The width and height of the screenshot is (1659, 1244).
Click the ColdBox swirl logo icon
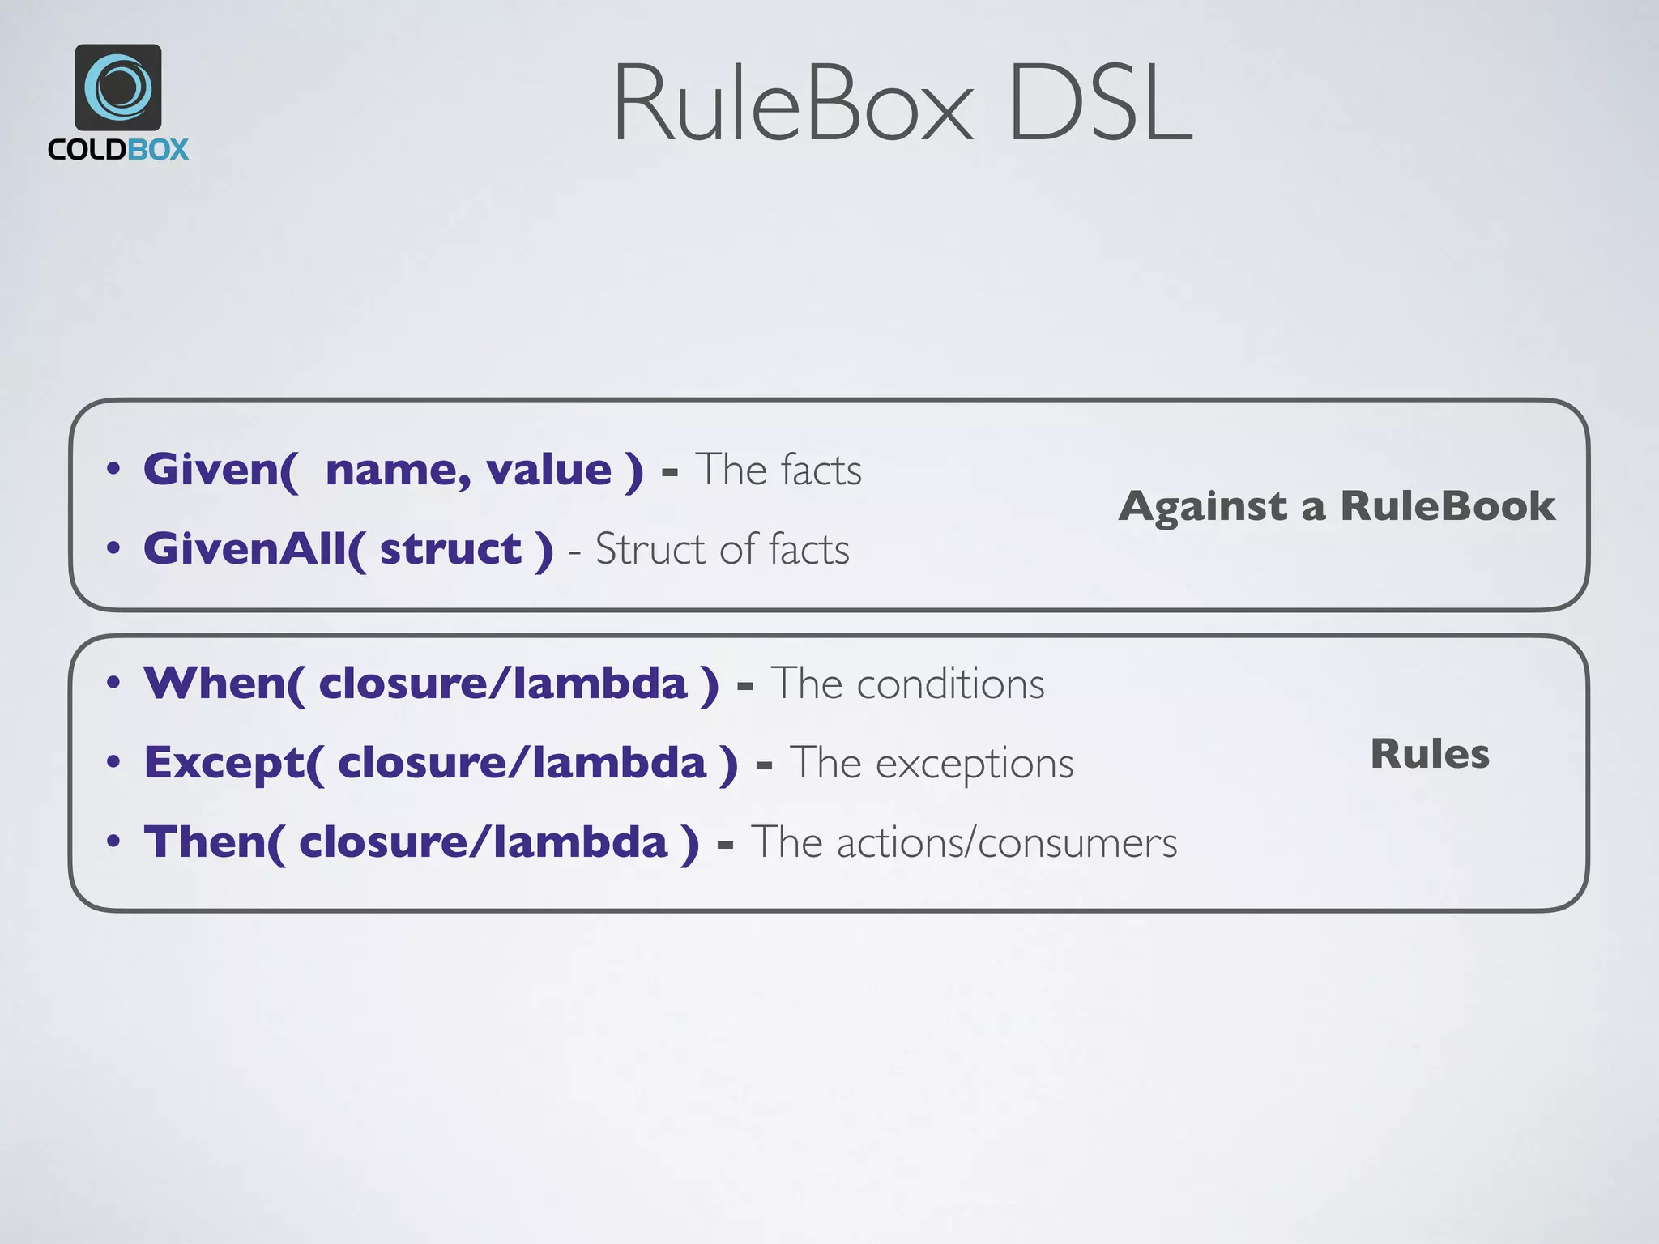pyautogui.click(x=118, y=87)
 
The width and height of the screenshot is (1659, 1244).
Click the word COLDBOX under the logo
pyautogui.click(x=118, y=150)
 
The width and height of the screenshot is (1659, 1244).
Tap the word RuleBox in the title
pyautogui.click(x=793, y=104)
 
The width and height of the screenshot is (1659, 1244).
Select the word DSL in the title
pyautogui.click(x=1101, y=104)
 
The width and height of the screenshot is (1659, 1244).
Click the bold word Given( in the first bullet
pyautogui.click(x=220, y=471)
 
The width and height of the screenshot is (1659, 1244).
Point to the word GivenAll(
pyautogui.click(x=254, y=550)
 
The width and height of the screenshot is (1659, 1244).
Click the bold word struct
pyautogui.click(x=451, y=550)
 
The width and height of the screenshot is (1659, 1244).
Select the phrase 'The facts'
pyautogui.click(x=778, y=470)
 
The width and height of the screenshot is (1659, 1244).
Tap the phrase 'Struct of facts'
pyautogui.click(x=723, y=550)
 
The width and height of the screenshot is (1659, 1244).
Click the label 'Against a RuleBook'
pyautogui.click(x=1337, y=506)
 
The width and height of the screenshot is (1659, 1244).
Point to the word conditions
pyautogui.click(x=951, y=684)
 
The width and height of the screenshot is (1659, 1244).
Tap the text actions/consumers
pyautogui.click(x=1007, y=843)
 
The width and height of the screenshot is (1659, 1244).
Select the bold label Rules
pyautogui.click(x=1430, y=754)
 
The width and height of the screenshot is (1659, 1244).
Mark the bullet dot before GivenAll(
pyautogui.click(x=113, y=548)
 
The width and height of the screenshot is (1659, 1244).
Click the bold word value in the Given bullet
pyautogui.click(x=548, y=471)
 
